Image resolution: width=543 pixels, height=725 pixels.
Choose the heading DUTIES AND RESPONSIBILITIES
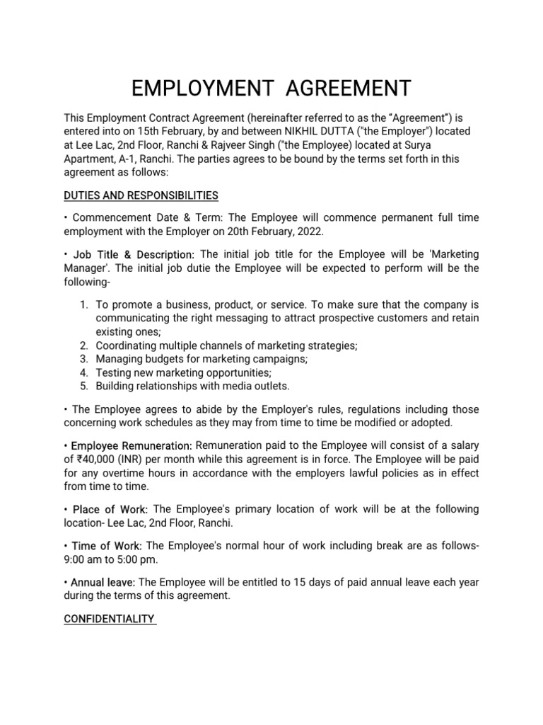[141, 195]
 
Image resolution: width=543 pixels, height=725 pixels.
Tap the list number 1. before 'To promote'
[83, 305]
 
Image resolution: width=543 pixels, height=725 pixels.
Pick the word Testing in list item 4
[114, 372]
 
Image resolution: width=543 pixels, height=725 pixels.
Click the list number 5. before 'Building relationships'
[83, 386]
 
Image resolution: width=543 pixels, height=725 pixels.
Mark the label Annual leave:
[103, 582]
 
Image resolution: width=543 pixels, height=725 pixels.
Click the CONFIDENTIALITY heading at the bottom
[110, 619]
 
